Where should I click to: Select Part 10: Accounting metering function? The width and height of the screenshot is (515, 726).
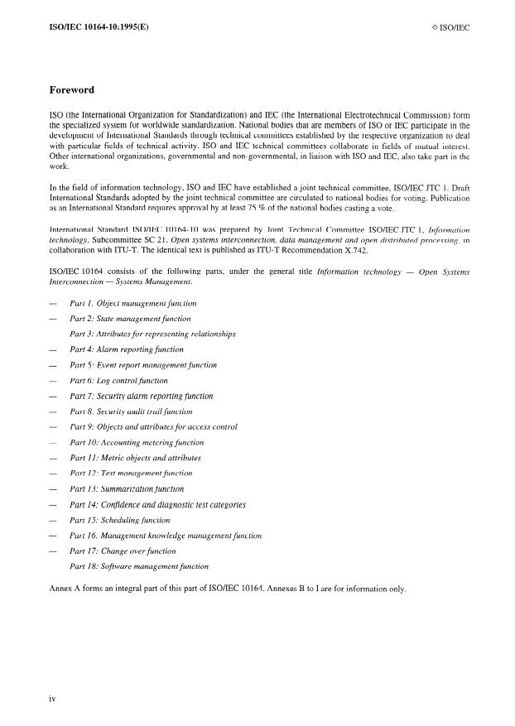click(x=137, y=442)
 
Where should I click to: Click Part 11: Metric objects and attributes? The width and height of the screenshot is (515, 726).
click(x=136, y=458)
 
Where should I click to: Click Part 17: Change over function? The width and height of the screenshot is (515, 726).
click(x=123, y=551)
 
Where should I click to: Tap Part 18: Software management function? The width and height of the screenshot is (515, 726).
click(x=139, y=566)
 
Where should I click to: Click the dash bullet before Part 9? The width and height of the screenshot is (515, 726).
click(x=53, y=427)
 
